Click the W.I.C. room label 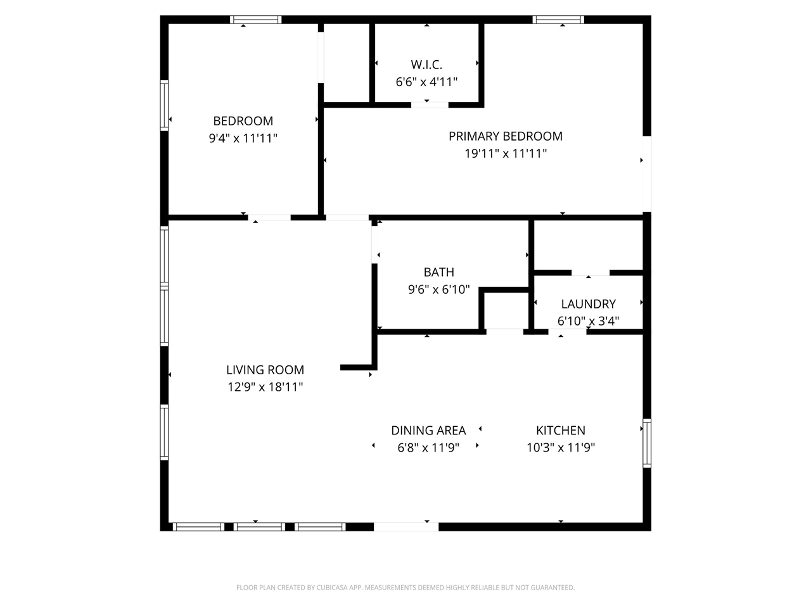tap(426, 65)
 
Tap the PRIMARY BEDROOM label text tap(506, 136)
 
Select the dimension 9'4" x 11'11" tap(243, 138)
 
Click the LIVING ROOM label tap(265, 370)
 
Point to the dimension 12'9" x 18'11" tap(265, 387)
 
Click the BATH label tap(438, 272)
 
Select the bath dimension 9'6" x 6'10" tap(438, 289)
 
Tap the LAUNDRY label tap(588, 304)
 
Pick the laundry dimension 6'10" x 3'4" tap(588, 321)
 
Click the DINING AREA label tap(428, 431)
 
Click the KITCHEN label tap(561, 431)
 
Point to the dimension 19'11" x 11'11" tap(506, 153)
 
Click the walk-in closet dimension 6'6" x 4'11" tap(426, 82)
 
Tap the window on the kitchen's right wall tap(647, 443)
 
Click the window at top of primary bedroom tap(558, 20)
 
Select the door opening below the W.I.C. tap(430, 104)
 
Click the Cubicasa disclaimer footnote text tap(405, 588)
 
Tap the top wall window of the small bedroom tap(255, 20)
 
